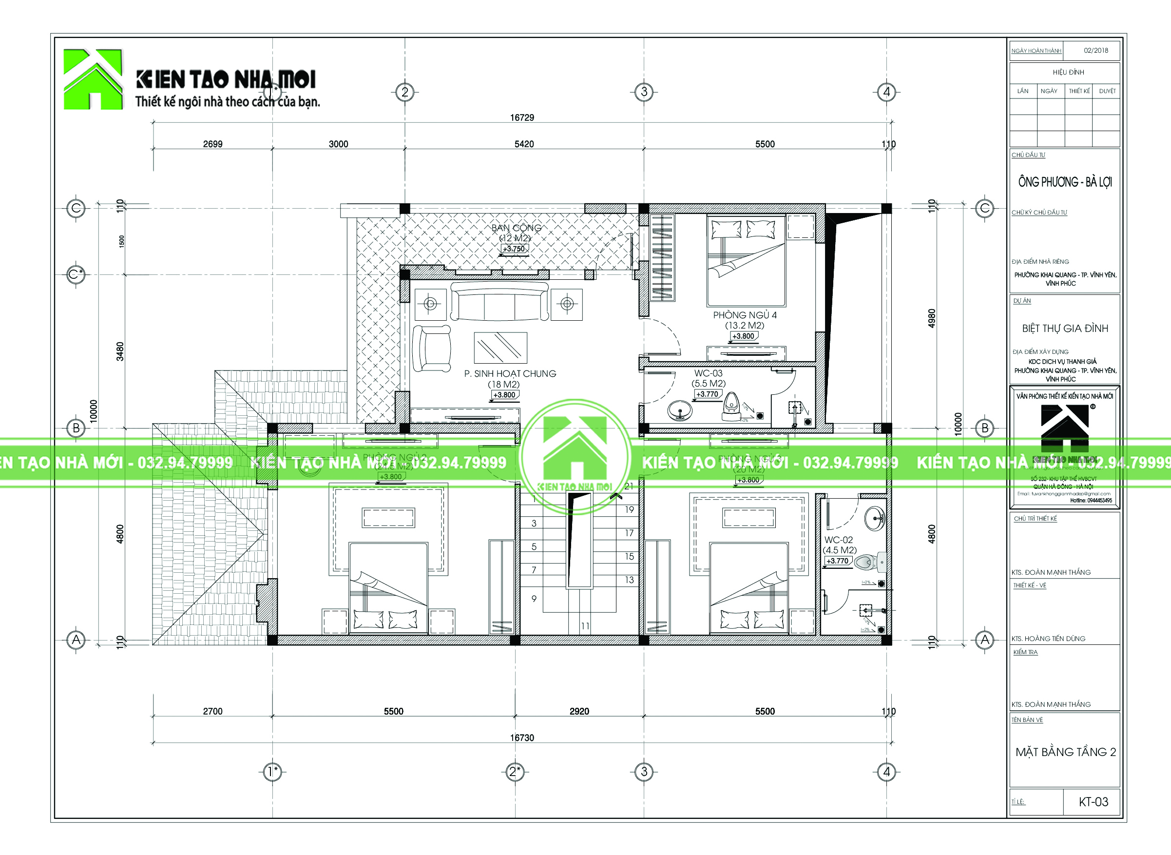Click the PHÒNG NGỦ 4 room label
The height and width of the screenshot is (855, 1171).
(x=745, y=315)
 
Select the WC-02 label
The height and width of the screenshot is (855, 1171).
(x=838, y=540)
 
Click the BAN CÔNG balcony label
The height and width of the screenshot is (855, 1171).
(x=516, y=228)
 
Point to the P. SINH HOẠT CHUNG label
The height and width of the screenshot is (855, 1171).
(x=510, y=374)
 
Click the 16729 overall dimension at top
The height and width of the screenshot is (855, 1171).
(x=521, y=117)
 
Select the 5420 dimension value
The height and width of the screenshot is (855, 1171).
(x=524, y=144)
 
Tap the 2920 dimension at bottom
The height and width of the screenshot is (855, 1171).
(x=579, y=711)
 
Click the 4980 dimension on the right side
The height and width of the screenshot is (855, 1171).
(x=931, y=318)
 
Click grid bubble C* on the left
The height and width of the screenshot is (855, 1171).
(x=76, y=274)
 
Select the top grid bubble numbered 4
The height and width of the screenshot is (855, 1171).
(x=886, y=92)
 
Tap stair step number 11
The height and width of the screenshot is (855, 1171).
(x=585, y=626)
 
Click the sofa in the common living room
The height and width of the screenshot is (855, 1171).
(x=499, y=301)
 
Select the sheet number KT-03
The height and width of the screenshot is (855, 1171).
(x=1093, y=802)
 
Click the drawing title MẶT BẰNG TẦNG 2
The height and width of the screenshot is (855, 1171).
(x=1065, y=752)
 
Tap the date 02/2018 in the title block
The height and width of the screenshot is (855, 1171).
(x=1095, y=50)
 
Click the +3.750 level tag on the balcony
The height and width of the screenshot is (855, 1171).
(x=514, y=249)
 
